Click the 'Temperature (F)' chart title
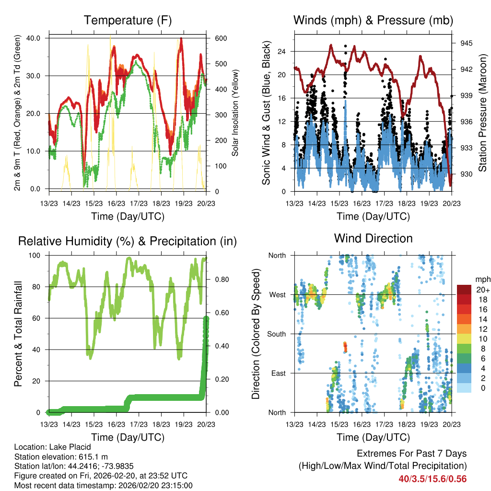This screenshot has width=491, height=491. [x=128, y=20]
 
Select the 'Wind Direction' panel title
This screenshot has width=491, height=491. [x=373, y=238]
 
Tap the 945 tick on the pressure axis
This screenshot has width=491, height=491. [x=466, y=43]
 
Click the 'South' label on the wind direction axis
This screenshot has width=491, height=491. [x=277, y=334]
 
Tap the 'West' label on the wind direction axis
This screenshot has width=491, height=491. [x=278, y=294]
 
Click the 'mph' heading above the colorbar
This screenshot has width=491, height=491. [x=482, y=279]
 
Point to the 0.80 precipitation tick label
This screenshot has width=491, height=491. [x=219, y=279]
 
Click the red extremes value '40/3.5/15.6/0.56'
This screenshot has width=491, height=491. [x=433, y=479]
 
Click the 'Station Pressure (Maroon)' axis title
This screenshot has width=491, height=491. [x=482, y=113]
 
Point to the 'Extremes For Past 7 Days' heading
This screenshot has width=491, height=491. [x=411, y=454]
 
